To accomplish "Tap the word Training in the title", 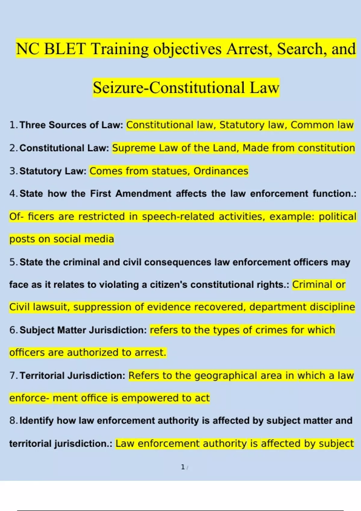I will click(x=119, y=49).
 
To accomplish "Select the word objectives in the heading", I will click(x=187, y=49).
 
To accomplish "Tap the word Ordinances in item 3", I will click(x=221, y=171).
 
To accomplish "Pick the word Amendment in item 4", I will click(x=143, y=194).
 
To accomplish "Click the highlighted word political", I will click(x=337, y=217).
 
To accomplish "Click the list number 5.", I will click(x=13, y=262).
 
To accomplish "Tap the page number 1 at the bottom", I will click(x=183, y=467).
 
